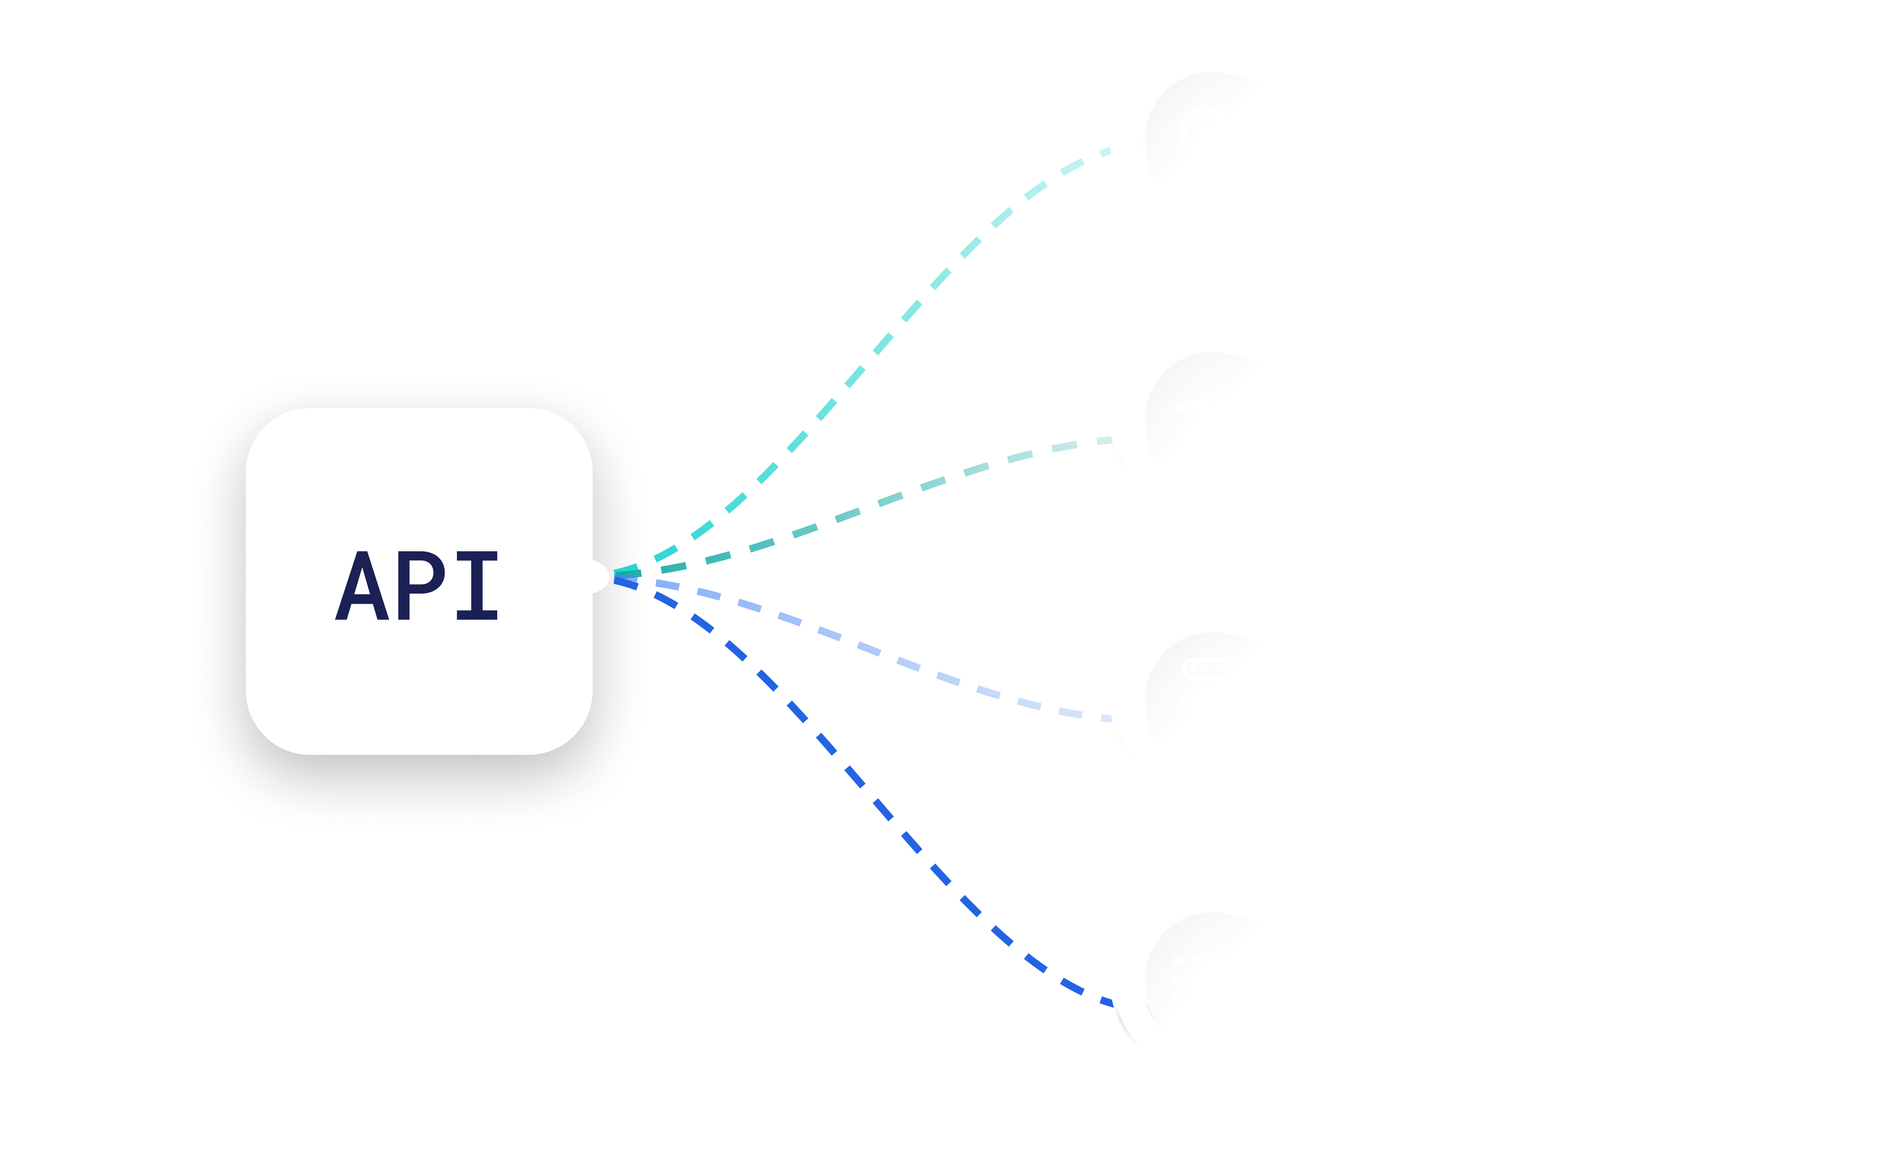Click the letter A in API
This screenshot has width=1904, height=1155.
pyautogui.click(x=362, y=586)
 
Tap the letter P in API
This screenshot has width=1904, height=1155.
pyautogui.click(x=421, y=586)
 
